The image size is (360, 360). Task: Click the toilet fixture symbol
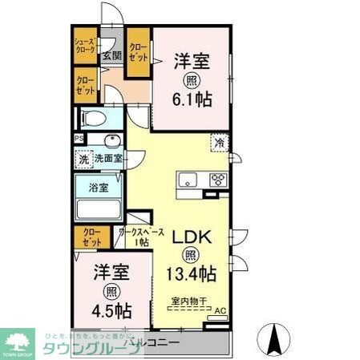[95, 118]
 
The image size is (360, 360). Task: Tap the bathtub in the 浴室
[97, 210]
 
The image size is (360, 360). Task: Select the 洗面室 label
[108, 158]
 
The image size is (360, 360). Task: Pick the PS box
[79, 139]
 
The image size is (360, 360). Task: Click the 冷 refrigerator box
[219, 143]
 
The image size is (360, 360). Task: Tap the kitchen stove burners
[217, 180]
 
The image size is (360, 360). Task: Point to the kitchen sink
[189, 180]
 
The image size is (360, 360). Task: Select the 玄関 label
[111, 56]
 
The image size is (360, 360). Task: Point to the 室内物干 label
[189, 301]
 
